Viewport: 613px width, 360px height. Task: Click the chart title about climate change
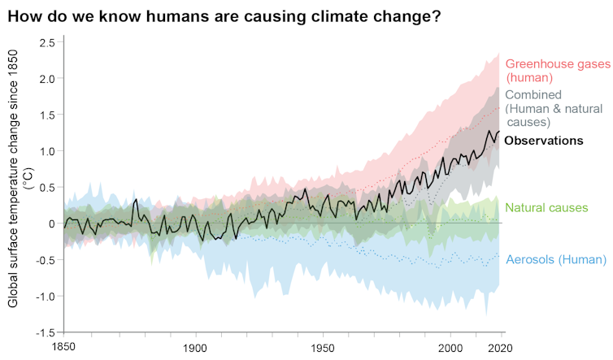coord(224,16)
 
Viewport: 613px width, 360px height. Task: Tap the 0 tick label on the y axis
coord(51,223)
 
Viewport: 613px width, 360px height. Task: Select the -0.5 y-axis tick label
coord(45,260)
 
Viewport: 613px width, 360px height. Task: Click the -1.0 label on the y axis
coord(45,297)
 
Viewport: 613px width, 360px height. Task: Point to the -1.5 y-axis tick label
coord(45,332)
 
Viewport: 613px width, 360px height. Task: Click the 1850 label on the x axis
coord(64,347)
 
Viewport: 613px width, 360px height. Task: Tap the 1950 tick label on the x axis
coord(324,347)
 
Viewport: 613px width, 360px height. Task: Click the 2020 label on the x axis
coord(503,347)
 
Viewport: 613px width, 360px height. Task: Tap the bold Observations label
coord(543,141)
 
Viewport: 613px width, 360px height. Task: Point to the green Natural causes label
coord(546,208)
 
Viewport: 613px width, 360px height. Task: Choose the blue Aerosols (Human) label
coord(556,260)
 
